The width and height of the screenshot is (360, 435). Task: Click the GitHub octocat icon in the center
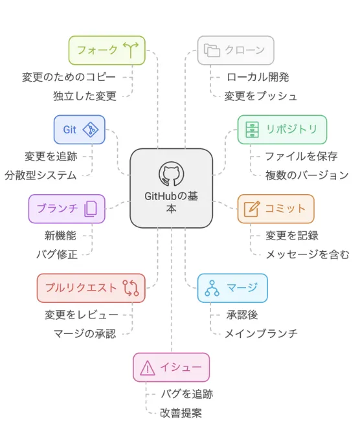coord(171,173)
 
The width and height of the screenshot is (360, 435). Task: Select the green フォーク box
coord(107,50)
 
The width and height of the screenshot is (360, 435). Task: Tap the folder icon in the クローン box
coord(212,50)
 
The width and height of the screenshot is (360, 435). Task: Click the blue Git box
coord(79,129)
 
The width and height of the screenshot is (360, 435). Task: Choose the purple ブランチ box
coord(66,208)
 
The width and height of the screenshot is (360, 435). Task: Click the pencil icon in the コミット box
coord(253,208)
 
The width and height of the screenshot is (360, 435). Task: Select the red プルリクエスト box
coord(91,288)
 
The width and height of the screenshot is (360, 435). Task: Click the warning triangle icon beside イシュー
coord(148,368)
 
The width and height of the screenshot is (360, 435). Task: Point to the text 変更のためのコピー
coord(69,77)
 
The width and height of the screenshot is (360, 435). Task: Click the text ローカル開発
coord(258,77)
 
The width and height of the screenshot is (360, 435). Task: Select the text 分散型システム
coord(41,175)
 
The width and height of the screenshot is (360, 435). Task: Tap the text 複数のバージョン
coord(306,175)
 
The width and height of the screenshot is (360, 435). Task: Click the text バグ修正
coord(57,254)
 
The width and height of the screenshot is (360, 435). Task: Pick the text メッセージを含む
coord(307,254)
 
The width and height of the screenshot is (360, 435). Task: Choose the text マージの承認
coord(85,333)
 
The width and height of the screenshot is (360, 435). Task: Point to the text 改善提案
coord(181,412)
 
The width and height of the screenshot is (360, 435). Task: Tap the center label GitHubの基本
coord(171,203)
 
